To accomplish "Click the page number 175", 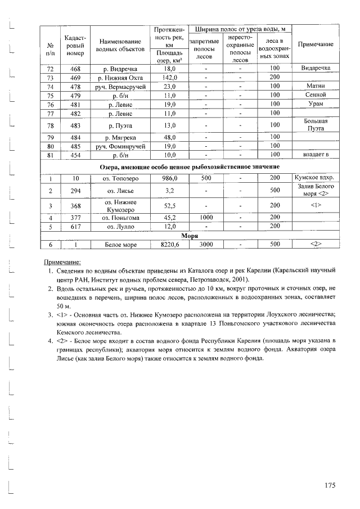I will click(329, 485).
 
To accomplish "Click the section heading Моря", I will click(188, 236).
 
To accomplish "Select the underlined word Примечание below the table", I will click(62, 262).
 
